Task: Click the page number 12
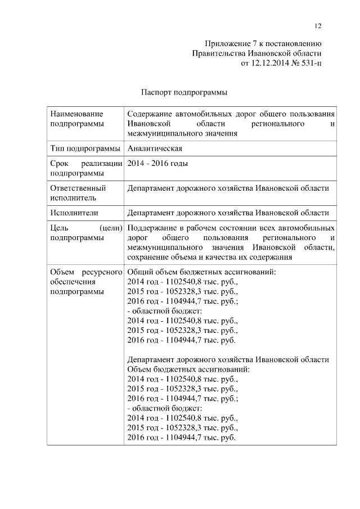tap(318, 26)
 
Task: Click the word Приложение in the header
tap(225, 44)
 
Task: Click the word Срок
tap(59, 164)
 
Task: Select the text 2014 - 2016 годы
tap(157, 164)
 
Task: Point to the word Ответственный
tap(78, 188)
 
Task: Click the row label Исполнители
tap(74, 213)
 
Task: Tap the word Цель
tap(59, 228)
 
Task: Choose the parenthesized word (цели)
tap(111, 228)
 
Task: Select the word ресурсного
tap(105, 272)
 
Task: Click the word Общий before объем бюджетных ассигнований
tap(139, 272)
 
